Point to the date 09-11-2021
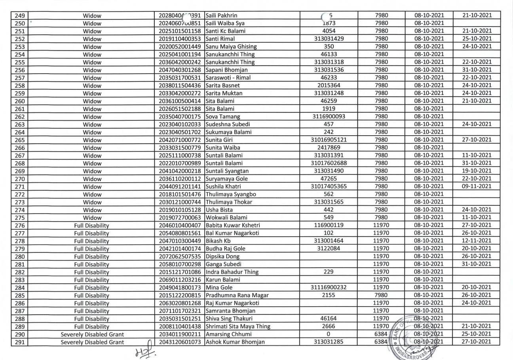pos(477,186)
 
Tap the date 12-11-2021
pos(477,240)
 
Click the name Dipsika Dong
pos(222,256)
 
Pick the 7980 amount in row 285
pos(381,294)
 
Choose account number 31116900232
pos(329,287)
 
